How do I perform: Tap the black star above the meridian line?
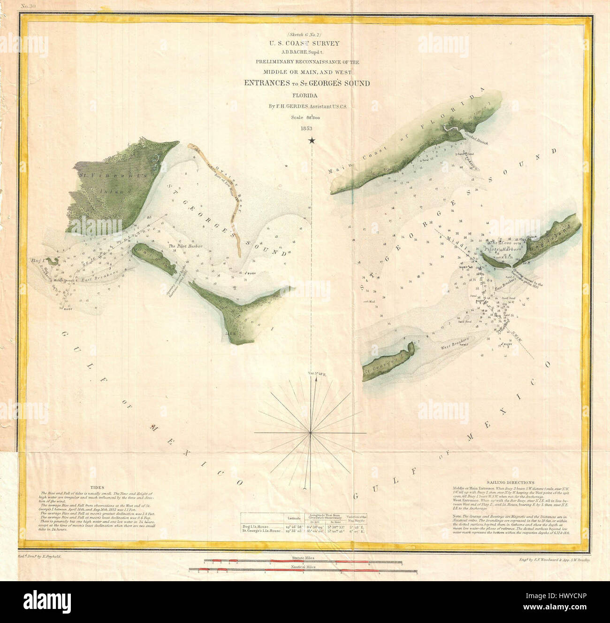click(312, 140)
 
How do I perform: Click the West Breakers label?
click(456, 343)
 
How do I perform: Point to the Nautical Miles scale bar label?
click(303, 567)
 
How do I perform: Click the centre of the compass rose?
click(310, 432)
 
